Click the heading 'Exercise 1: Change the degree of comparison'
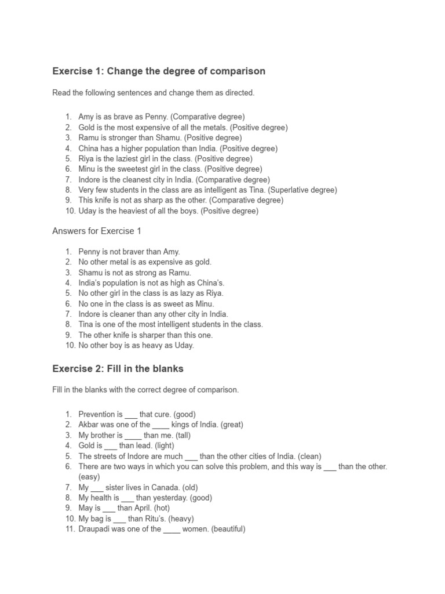click(159, 71)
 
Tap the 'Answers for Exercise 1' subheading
click(97, 231)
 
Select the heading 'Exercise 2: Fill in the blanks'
click(118, 368)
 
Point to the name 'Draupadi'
click(93, 529)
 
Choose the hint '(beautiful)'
click(229, 529)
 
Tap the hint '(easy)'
click(89, 477)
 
